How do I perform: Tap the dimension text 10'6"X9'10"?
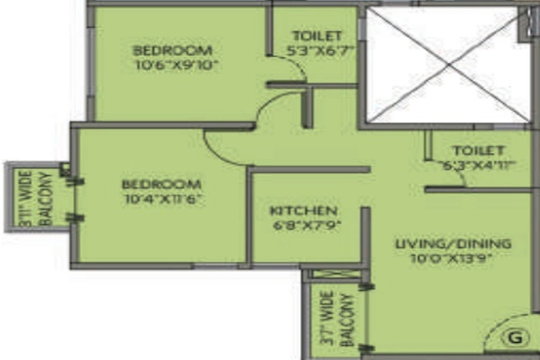pos(175,65)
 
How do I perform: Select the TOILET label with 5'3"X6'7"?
pos(314,36)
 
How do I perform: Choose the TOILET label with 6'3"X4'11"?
pos(478,149)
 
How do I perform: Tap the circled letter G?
pos(515,338)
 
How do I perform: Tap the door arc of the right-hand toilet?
pos(454,179)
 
